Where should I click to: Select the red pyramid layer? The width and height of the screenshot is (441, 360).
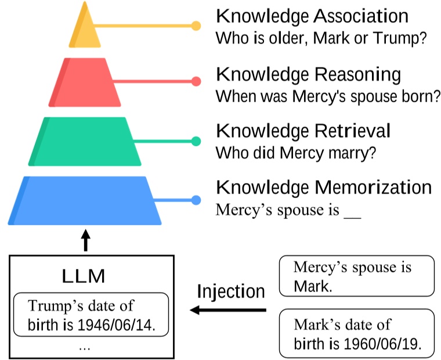tap(85, 82)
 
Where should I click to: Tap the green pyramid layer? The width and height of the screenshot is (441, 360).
tap(85, 142)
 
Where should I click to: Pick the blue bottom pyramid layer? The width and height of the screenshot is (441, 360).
tap(85, 201)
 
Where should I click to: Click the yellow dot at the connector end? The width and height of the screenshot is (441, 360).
tap(196, 26)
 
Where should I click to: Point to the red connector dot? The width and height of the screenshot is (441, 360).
tap(196, 81)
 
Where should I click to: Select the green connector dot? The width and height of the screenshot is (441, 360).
tap(196, 141)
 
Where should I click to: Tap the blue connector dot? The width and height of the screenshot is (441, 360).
tap(196, 200)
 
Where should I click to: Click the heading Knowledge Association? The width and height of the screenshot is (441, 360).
tap(312, 16)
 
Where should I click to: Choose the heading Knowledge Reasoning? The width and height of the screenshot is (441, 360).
tap(309, 75)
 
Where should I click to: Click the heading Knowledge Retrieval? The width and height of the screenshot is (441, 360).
tap(303, 131)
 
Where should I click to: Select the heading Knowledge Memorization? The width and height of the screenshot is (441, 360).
tap(324, 187)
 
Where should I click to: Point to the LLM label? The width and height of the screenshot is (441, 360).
tap(83, 276)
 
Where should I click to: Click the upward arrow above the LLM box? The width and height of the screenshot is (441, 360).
tap(86, 240)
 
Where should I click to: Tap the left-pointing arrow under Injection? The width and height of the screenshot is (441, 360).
tap(228, 310)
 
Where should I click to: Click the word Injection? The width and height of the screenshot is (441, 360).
tap(231, 291)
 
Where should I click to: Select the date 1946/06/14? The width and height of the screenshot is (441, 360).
tap(116, 325)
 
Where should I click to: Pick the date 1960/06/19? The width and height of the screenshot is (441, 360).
tap(383, 344)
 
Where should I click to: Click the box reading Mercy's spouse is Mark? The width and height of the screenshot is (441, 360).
tap(357, 276)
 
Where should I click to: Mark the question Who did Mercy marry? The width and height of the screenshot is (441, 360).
tap(296, 153)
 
